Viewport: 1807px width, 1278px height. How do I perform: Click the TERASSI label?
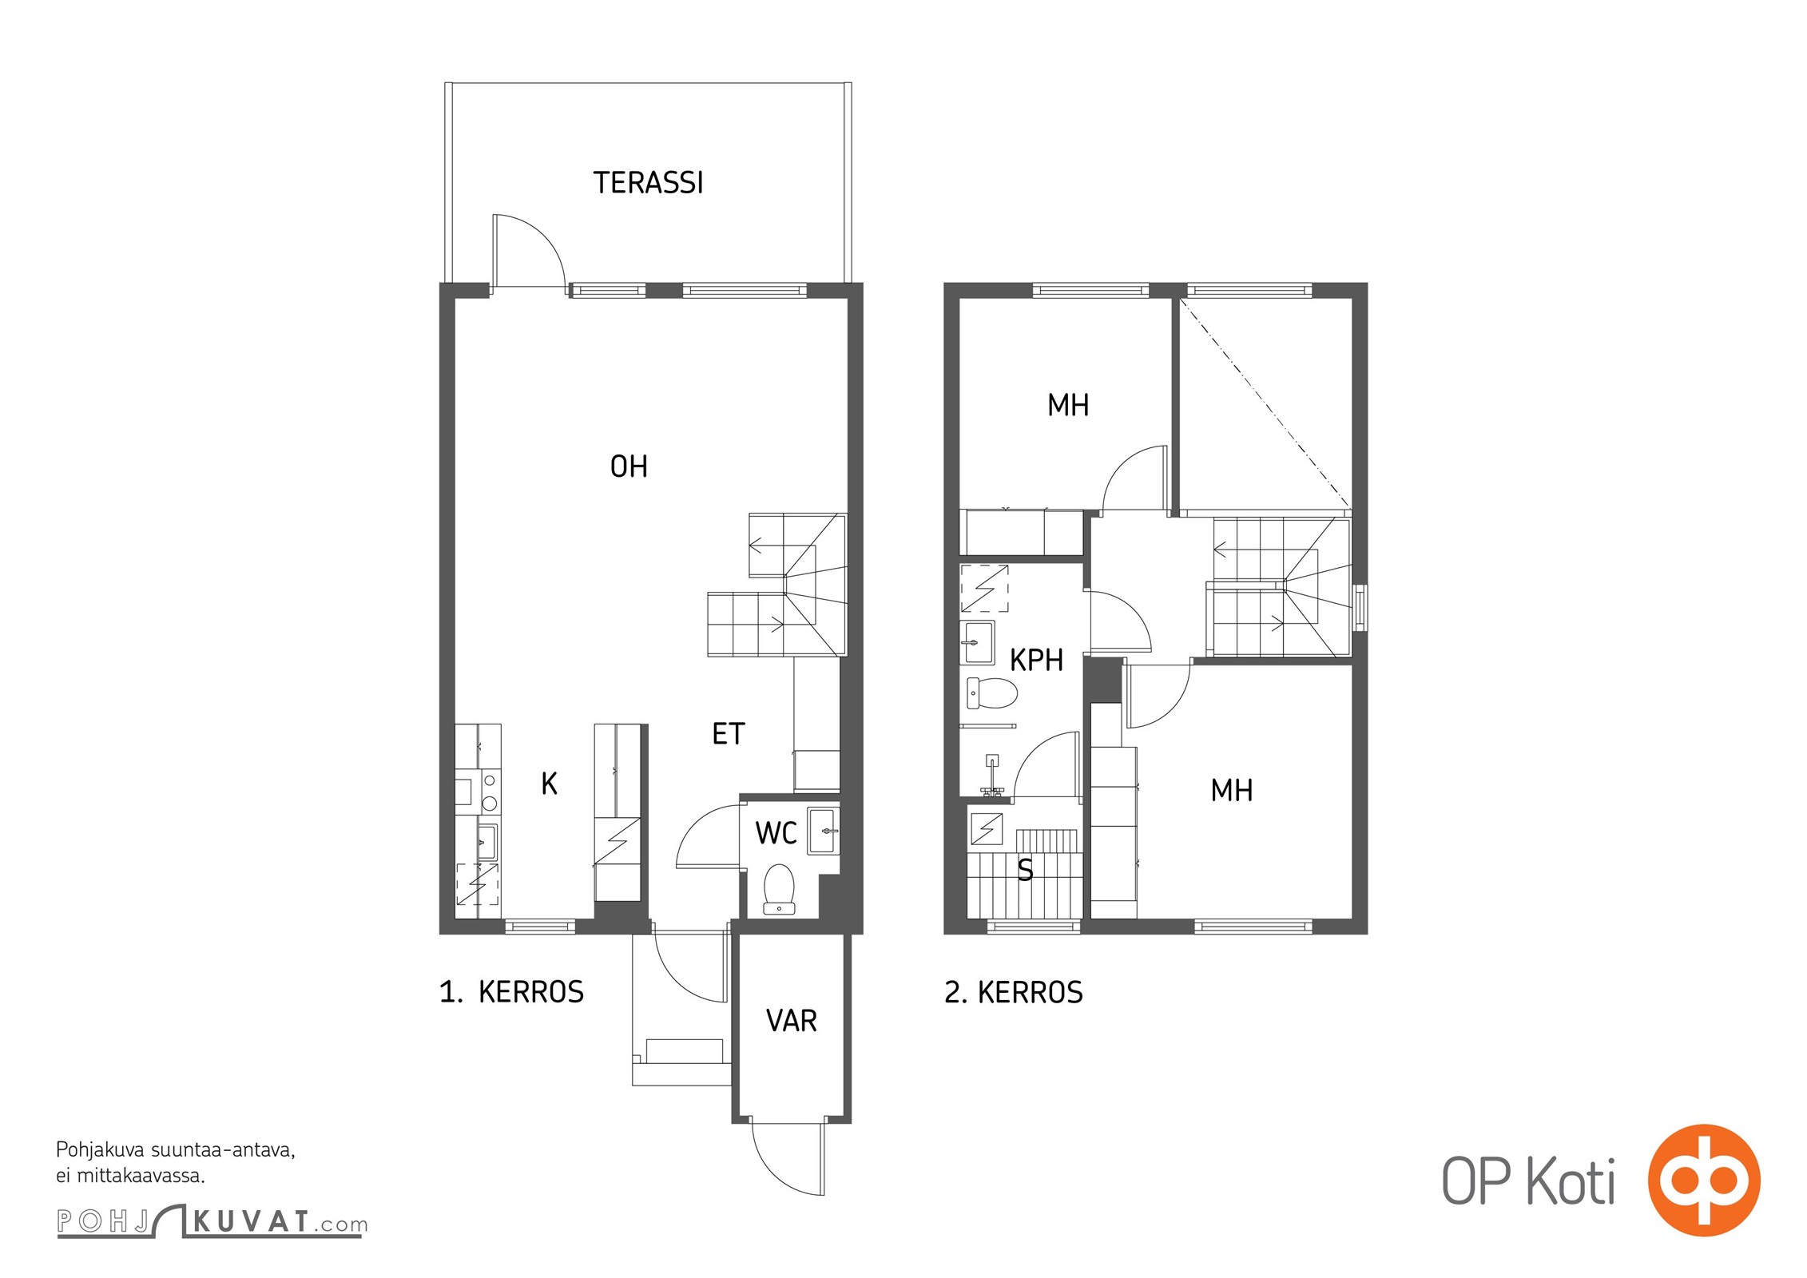(x=648, y=183)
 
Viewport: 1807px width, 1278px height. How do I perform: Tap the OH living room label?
(x=629, y=466)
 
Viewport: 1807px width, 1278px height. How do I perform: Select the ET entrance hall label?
(x=729, y=734)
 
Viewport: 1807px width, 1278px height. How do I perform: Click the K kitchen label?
(x=550, y=784)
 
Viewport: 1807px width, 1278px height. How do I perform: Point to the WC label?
(x=776, y=833)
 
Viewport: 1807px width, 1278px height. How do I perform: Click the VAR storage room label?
(x=792, y=1021)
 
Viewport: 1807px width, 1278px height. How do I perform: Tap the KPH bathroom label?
(x=1036, y=661)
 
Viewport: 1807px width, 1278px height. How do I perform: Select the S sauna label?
(x=1025, y=869)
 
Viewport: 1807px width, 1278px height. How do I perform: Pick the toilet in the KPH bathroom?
(x=991, y=693)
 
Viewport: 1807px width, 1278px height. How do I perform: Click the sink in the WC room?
(x=824, y=831)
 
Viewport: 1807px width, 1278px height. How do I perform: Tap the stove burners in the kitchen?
(x=490, y=791)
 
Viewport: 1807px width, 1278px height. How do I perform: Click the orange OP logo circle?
(x=1704, y=1179)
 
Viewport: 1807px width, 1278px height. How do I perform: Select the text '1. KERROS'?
(x=511, y=992)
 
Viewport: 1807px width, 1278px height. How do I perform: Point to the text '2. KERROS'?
(x=1013, y=992)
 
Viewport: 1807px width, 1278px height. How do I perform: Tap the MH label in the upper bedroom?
(x=1068, y=406)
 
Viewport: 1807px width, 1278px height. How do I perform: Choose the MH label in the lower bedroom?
(x=1231, y=791)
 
